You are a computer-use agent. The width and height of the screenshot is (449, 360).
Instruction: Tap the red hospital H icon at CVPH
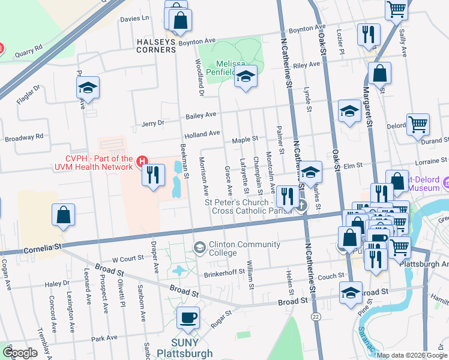pos(142,161)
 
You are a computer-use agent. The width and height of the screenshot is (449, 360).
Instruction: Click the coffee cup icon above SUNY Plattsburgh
pos(188,317)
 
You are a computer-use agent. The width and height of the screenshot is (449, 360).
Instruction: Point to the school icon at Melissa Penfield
pos(245,76)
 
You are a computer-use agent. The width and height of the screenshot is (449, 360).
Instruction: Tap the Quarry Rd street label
pos(30,47)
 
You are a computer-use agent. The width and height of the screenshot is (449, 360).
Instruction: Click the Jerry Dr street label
pos(152,124)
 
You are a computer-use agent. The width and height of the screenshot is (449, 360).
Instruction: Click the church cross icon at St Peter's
pos(301,206)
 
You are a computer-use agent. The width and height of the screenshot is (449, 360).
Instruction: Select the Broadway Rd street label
pos(24,138)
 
